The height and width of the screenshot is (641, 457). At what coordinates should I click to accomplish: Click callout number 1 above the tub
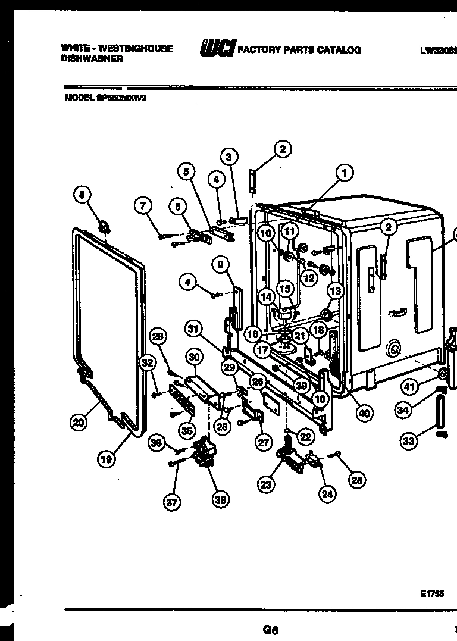point(344,173)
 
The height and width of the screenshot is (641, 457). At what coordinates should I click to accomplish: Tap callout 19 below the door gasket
point(106,459)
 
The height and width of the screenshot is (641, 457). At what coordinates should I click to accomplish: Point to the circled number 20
point(78,423)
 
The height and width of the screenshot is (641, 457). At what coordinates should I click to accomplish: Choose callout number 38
point(220,501)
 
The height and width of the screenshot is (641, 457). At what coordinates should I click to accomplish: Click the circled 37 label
point(171,503)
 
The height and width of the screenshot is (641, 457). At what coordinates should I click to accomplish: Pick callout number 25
point(356,480)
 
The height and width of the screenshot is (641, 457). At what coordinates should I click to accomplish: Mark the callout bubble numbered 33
point(408,441)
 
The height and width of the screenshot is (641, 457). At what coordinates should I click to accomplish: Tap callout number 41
point(408,387)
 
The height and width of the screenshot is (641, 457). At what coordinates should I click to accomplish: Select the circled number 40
point(364,414)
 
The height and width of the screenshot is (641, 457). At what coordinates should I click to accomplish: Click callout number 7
point(143,206)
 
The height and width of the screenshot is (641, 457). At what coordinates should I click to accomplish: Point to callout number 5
point(186,171)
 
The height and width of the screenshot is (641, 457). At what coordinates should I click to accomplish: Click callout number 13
point(336,290)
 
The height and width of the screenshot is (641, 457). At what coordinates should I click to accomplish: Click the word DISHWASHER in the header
point(92,60)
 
